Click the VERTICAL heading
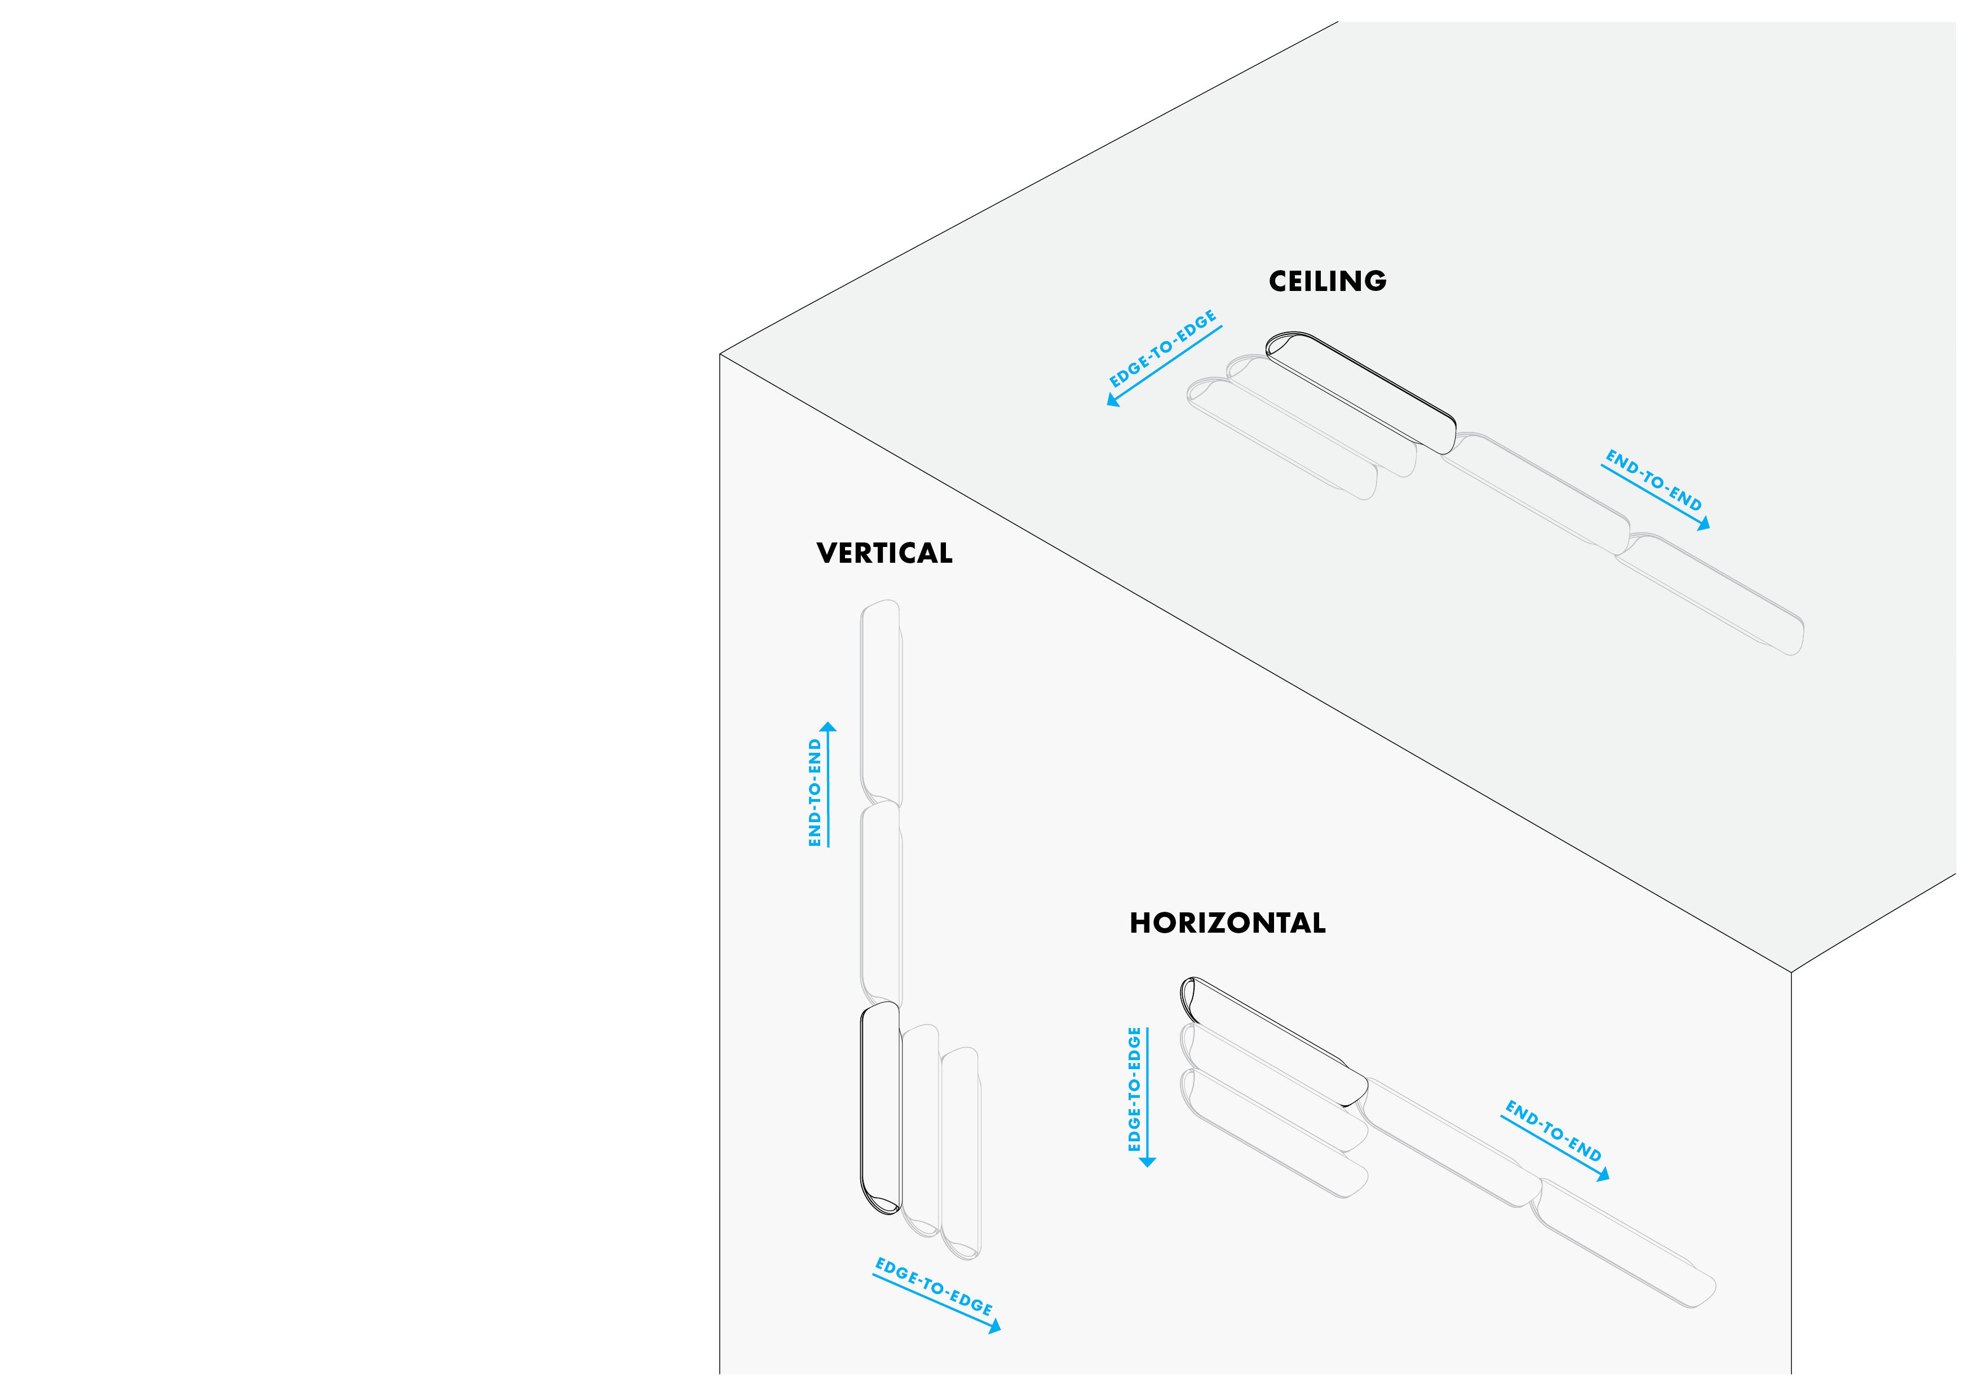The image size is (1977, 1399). [884, 553]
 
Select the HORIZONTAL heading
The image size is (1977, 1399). [1227, 924]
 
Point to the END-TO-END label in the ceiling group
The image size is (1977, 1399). [1653, 480]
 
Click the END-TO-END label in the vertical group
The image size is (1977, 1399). [815, 792]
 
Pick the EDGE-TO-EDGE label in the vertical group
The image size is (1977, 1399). [934, 1286]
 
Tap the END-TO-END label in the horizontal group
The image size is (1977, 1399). [1553, 1131]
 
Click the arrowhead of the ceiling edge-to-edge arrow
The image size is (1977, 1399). [1112, 400]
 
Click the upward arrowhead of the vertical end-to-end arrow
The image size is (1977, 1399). [828, 727]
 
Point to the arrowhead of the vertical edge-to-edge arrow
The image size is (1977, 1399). [996, 1327]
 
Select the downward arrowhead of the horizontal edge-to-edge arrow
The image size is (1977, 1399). [1147, 1162]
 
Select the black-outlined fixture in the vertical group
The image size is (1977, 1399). [880, 1109]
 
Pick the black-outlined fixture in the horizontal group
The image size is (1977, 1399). [1273, 1040]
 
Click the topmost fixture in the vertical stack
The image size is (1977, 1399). [881, 703]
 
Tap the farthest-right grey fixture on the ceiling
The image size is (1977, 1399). [1710, 594]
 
